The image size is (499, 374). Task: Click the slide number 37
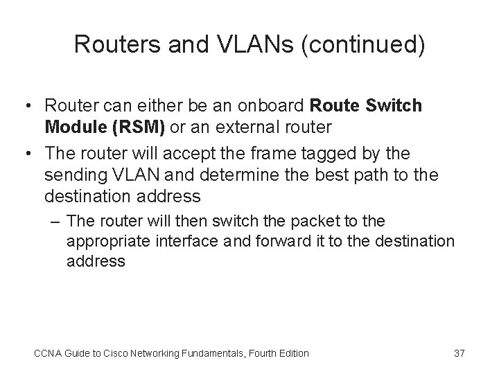[459, 353]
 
